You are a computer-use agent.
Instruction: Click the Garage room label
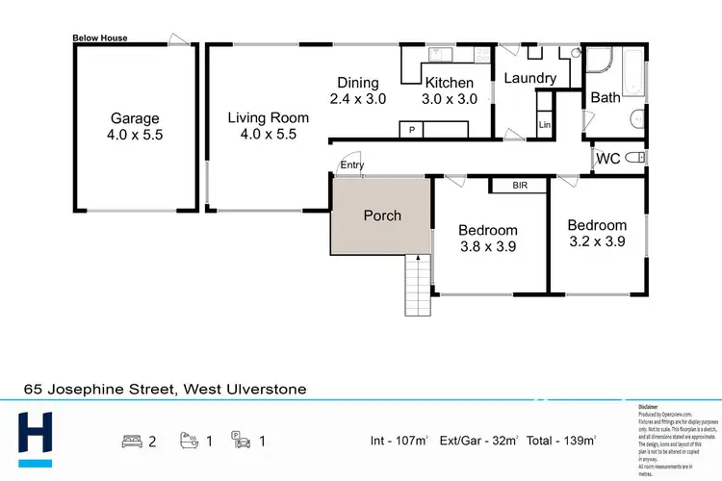[x=135, y=118]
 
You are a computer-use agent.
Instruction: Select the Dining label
[x=357, y=83]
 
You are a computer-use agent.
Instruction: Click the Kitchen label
[x=450, y=83]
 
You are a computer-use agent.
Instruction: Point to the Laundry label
[x=530, y=78]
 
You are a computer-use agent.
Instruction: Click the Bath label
[x=606, y=97]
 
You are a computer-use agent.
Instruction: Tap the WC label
[x=607, y=158]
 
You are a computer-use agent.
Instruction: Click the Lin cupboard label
[x=544, y=125]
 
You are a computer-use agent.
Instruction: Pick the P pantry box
[x=412, y=129]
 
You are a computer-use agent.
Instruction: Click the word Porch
[x=382, y=215]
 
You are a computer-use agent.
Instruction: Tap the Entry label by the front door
[x=352, y=165]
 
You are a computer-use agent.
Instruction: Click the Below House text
[x=100, y=38]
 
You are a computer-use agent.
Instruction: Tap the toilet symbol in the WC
[x=635, y=158]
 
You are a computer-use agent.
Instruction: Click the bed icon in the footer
[x=133, y=441]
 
